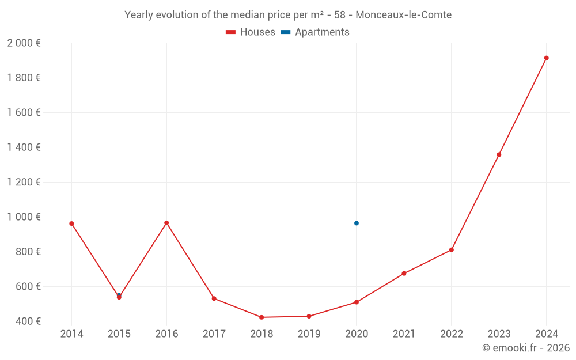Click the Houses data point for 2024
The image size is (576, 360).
(546, 58)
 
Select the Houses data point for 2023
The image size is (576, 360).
(499, 154)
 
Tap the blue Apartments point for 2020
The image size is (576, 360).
(357, 223)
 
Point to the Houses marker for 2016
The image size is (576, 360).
(166, 223)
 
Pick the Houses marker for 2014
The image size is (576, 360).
(71, 223)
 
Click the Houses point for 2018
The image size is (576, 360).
(262, 317)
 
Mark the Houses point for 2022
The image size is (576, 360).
(452, 250)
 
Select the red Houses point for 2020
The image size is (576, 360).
(357, 302)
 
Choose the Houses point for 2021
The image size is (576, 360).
(404, 274)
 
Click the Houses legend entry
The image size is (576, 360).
(251, 32)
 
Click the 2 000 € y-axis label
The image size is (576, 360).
(24, 43)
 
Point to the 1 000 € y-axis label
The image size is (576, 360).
(24, 217)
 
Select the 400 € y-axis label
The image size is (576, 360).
(28, 321)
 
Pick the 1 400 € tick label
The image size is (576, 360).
(24, 147)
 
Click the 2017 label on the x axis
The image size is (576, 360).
(214, 334)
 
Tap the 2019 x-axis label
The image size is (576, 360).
(309, 334)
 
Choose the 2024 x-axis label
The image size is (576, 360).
(546, 334)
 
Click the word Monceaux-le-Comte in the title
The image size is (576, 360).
(403, 14)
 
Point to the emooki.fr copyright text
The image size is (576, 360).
(526, 348)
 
